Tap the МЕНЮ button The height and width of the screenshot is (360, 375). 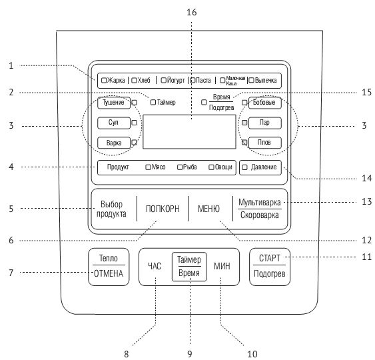click(208, 209)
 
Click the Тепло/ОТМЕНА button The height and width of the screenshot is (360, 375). click(109, 267)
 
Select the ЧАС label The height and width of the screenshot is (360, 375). click(155, 266)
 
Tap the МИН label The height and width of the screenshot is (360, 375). click(222, 266)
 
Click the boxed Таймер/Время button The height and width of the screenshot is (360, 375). click(189, 267)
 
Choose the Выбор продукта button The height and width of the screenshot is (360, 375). click(111, 209)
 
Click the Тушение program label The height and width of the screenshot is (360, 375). click(114, 103)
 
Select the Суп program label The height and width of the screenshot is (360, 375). click(114, 123)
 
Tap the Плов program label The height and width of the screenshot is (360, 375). click(264, 143)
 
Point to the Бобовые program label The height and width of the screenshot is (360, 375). click(264, 103)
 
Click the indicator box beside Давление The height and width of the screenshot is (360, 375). click(244, 167)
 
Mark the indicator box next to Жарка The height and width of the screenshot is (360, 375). click(104, 80)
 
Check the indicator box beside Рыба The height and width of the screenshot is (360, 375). click(180, 167)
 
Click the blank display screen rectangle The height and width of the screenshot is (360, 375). click(189, 132)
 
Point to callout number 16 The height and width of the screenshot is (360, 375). click(192, 12)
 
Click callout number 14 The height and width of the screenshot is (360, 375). click(366, 178)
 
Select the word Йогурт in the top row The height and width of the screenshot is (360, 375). click(176, 81)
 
